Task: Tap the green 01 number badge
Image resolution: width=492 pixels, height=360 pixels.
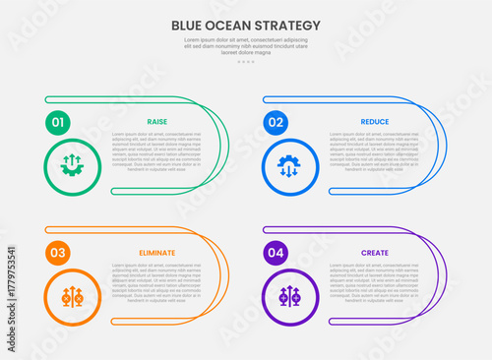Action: pos(58,123)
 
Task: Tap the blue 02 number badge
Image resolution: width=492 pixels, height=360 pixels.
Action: pos(276,123)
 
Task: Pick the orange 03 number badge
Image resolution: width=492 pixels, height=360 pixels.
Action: pos(58,253)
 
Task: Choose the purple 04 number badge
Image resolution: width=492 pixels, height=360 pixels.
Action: pos(276,253)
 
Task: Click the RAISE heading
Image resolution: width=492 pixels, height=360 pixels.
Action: pos(156,122)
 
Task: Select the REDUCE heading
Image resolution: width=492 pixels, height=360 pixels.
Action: pos(375,122)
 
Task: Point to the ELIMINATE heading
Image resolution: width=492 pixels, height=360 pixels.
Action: pos(156,253)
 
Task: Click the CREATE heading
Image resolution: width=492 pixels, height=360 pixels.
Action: pos(375,253)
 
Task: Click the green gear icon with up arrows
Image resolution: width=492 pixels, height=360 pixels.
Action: pos(72,164)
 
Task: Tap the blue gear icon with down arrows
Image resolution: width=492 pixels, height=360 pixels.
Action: pos(289,164)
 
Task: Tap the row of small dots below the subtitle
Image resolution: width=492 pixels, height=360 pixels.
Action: pos(246,62)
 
